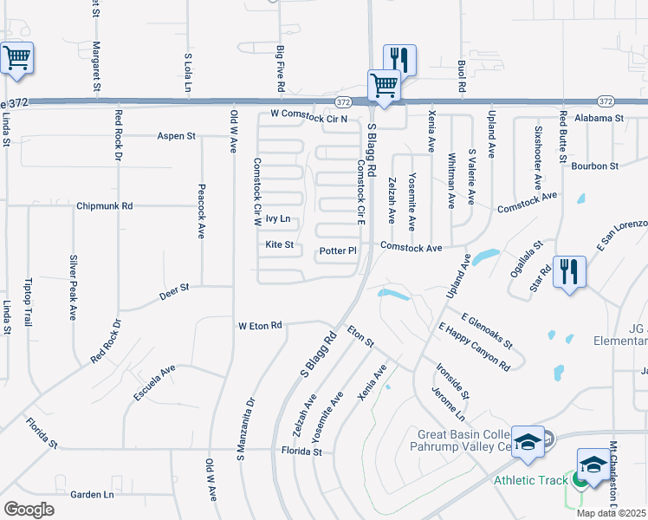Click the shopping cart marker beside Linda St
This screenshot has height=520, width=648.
point(16,59)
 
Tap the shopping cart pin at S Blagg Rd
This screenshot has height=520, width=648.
point(384,86)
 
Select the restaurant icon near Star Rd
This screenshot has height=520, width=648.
point(570,271)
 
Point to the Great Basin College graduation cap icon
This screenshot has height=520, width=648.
point(527,442)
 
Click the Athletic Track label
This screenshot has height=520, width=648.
point(529,480)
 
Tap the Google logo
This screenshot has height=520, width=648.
point(29,510)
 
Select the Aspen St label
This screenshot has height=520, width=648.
point(177,136)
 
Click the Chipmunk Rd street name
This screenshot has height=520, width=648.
point(104,206)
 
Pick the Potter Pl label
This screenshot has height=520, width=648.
point(338,251)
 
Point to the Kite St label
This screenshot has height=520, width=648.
point(280,244)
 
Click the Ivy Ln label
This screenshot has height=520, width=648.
point(278,219)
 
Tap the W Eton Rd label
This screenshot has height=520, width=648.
point(260,326)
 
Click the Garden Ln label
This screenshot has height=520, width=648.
point(92,495)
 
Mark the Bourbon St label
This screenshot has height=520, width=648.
point(599,165)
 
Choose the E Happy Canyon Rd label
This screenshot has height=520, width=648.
point(474,348)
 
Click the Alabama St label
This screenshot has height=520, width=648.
point(600,117)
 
